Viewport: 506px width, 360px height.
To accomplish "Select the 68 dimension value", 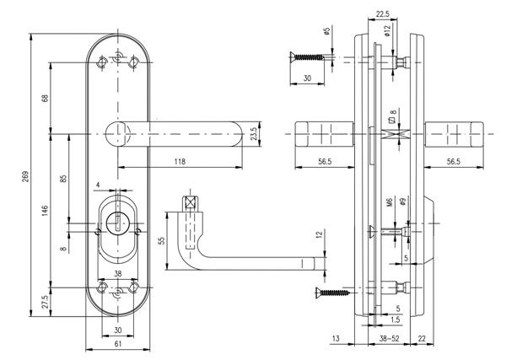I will pos(46,98).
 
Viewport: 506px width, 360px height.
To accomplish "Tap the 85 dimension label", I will pos(65,180).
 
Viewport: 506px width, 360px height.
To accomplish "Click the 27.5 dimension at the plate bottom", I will pos(46,302).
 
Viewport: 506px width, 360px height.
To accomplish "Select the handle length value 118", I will pos(180,161).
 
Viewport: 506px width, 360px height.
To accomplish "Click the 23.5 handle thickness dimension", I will pos(252,135).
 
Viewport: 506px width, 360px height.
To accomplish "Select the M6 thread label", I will pos(390,203).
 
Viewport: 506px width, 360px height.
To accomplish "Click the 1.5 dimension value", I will pos(396,320).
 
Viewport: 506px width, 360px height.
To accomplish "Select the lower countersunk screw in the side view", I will pos(331,293).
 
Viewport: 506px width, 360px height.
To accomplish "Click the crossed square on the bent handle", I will pos(190,201).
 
